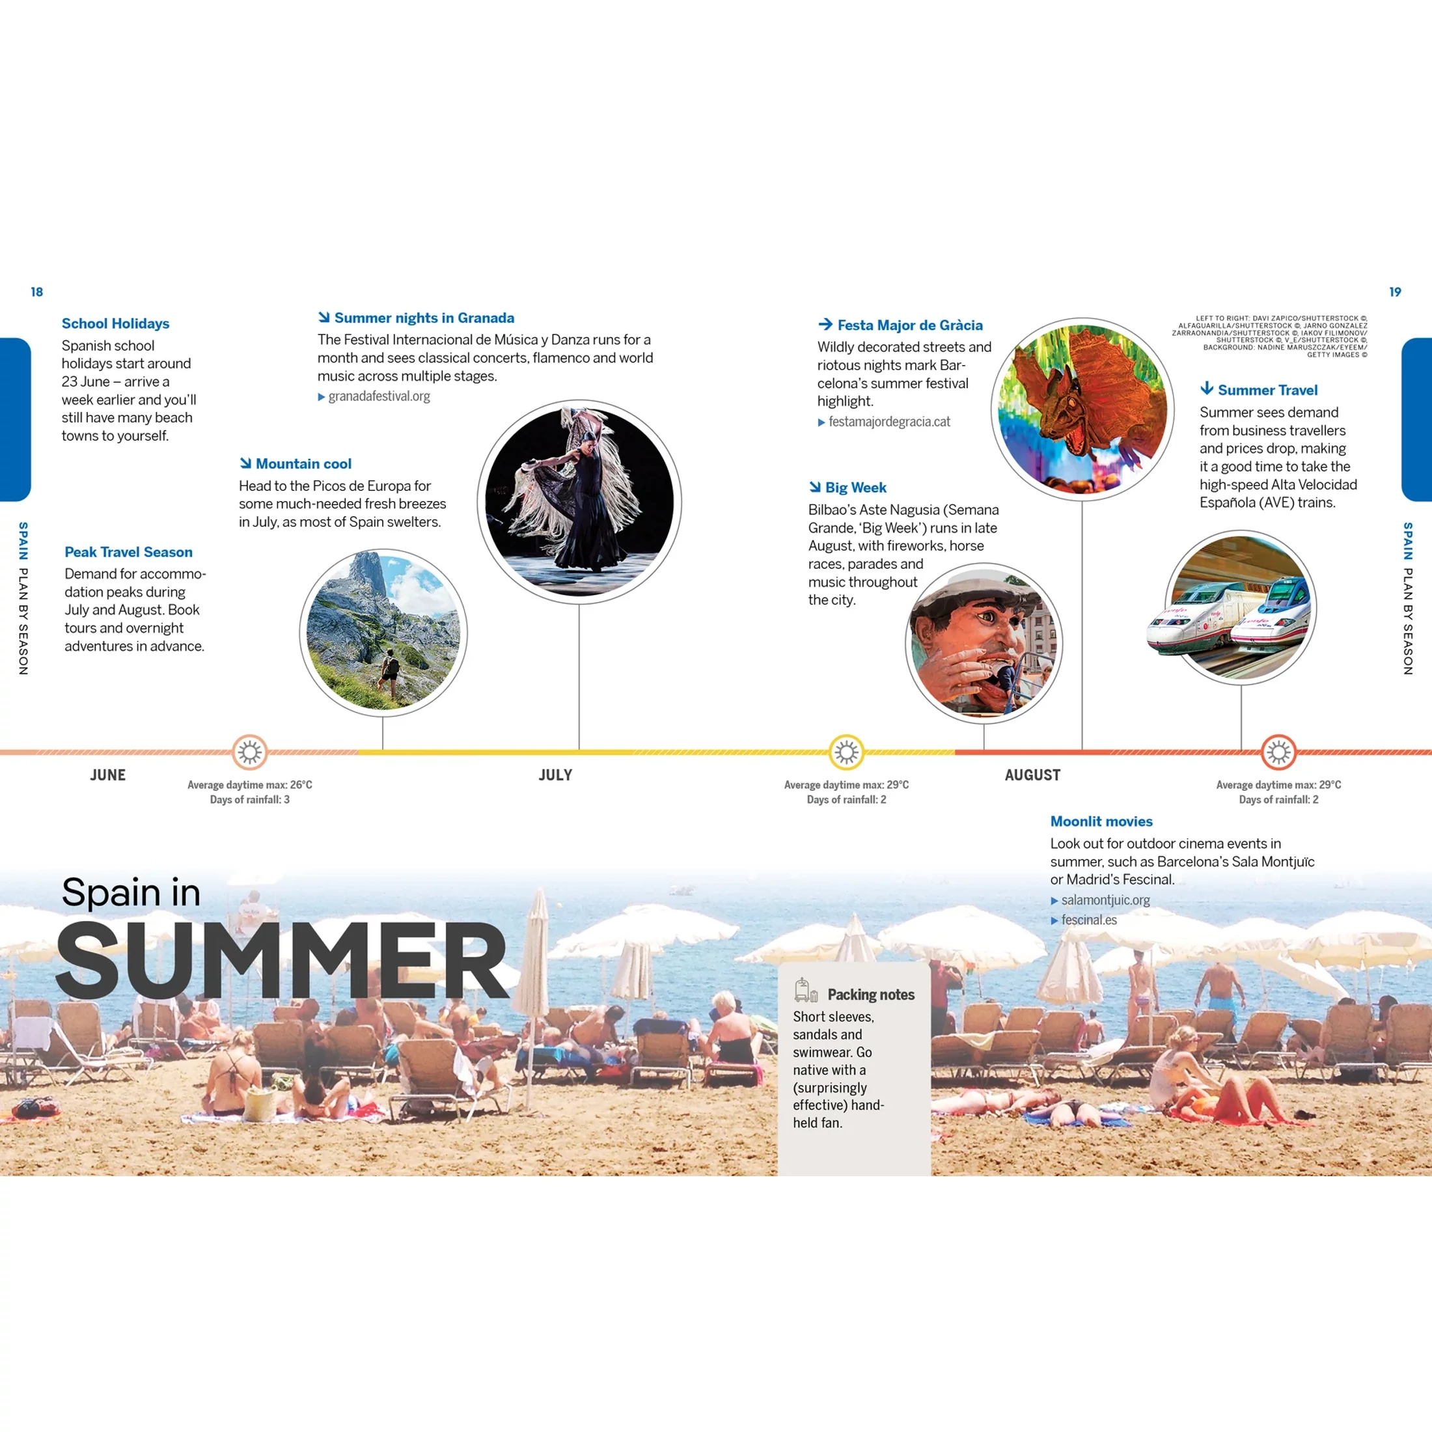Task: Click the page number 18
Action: pos(37,292)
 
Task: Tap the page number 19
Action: pos(1395,292)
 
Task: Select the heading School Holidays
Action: pos(116,323)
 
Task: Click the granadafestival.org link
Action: pos(379,396)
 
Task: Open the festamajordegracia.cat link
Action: pos(889,422)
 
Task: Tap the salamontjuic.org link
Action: pos(1105,900)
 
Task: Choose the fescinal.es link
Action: pos(1089,920)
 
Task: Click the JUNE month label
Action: pos(108,775)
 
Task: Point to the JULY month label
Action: pos(556,775)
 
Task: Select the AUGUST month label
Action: pos(1032,775)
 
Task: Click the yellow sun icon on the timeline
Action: pos(846,753)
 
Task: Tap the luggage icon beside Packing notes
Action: pos(806,990)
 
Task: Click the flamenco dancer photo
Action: pos(579,503)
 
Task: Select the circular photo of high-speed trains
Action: pos(1241,607)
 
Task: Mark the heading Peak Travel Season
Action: pos(128,552)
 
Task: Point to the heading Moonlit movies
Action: pos(1101,821)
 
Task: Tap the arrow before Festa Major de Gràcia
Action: pos(825,325)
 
